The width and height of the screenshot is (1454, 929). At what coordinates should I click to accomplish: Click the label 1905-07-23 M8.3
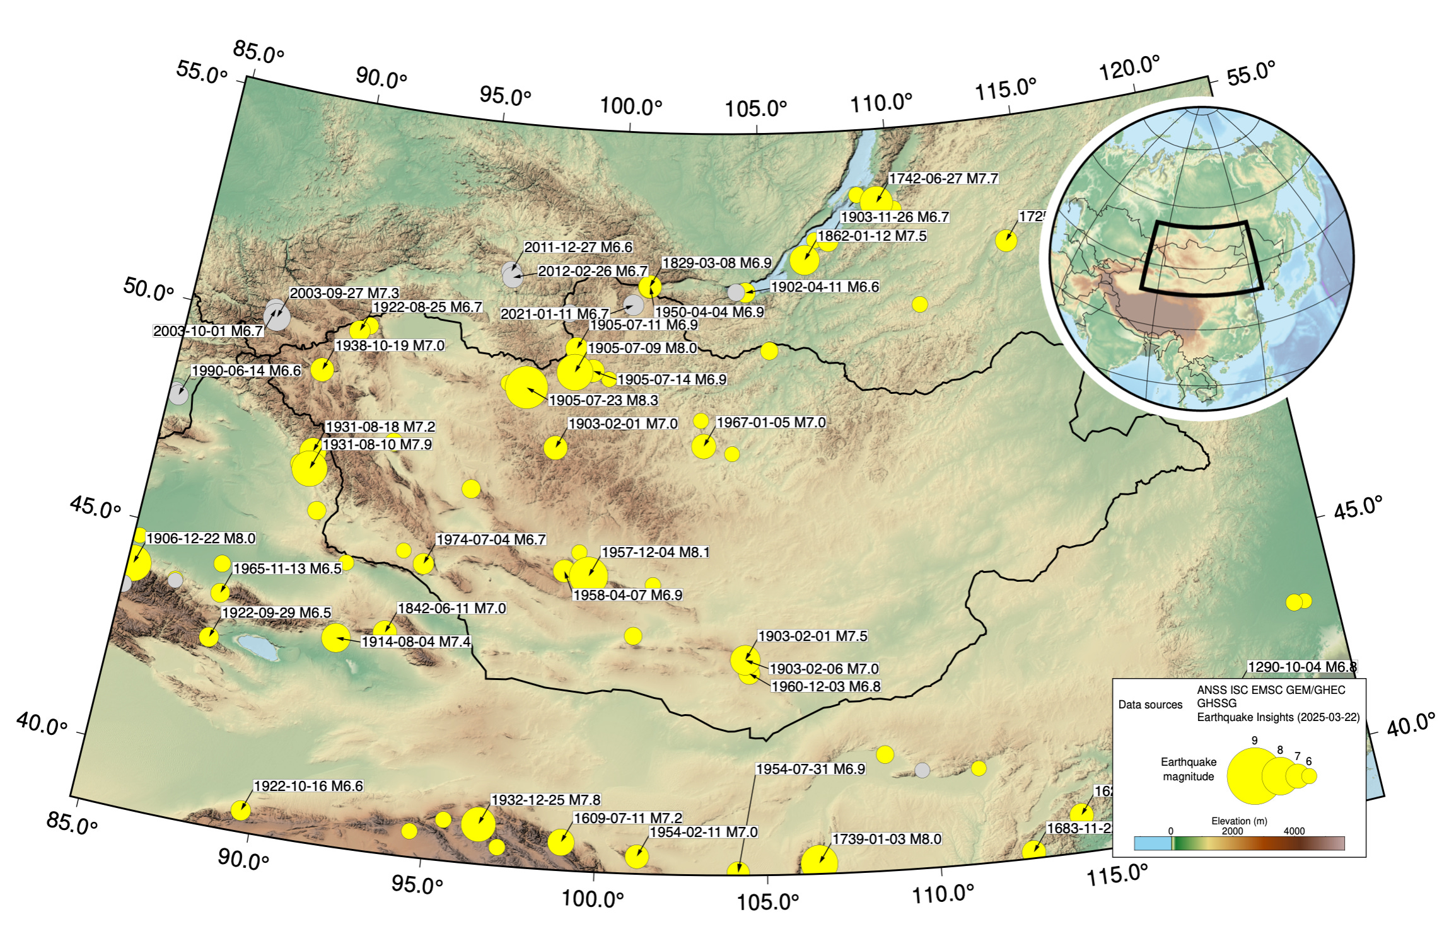(x=603, y=400)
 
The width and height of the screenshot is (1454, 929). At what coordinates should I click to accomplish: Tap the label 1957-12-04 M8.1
(x=655, y=552)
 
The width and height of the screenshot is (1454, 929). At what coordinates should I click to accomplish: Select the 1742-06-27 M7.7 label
(x=943, y=178)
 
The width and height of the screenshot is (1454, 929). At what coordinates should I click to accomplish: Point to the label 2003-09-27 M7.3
(x=344, y=293)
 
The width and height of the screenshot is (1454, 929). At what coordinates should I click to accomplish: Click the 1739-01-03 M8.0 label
(x=887, y=839)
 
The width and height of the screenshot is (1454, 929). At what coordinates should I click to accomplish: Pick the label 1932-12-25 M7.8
(x=545, y=800)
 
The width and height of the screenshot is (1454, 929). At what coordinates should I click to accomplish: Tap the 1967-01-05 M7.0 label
(x=771, y=422)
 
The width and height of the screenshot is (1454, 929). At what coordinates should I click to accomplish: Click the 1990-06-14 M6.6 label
(x=246, y=371)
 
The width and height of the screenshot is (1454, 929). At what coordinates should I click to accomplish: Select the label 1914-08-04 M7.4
(x=416, y=642)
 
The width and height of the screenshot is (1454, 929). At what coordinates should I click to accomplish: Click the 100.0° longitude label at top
(x=631, y=106)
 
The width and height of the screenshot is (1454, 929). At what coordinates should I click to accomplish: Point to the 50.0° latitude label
(x=148, y=289)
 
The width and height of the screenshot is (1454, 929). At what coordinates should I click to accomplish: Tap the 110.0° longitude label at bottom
(x=943, y=893)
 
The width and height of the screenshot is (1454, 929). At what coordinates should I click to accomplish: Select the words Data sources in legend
(x=1150, y=705)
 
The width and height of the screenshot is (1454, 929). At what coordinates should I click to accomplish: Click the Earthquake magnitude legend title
(x=1188, y=769)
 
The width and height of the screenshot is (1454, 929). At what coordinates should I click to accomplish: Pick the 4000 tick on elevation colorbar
(x=1294, y=831)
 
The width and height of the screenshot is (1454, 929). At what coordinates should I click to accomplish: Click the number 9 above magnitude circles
(x=1254, y=741)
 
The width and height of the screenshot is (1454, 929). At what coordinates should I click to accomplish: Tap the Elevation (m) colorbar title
(x=1239, y=821)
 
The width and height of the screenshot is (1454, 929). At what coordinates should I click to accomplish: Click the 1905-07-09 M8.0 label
(x=642, y=348)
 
